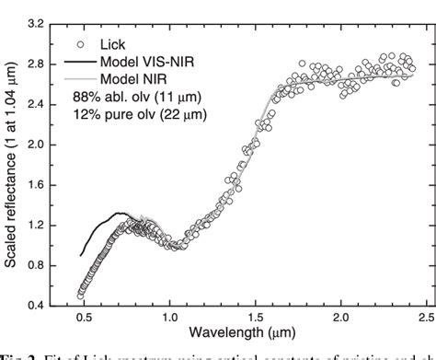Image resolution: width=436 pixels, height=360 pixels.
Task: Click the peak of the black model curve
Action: click(x=118, y=213)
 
